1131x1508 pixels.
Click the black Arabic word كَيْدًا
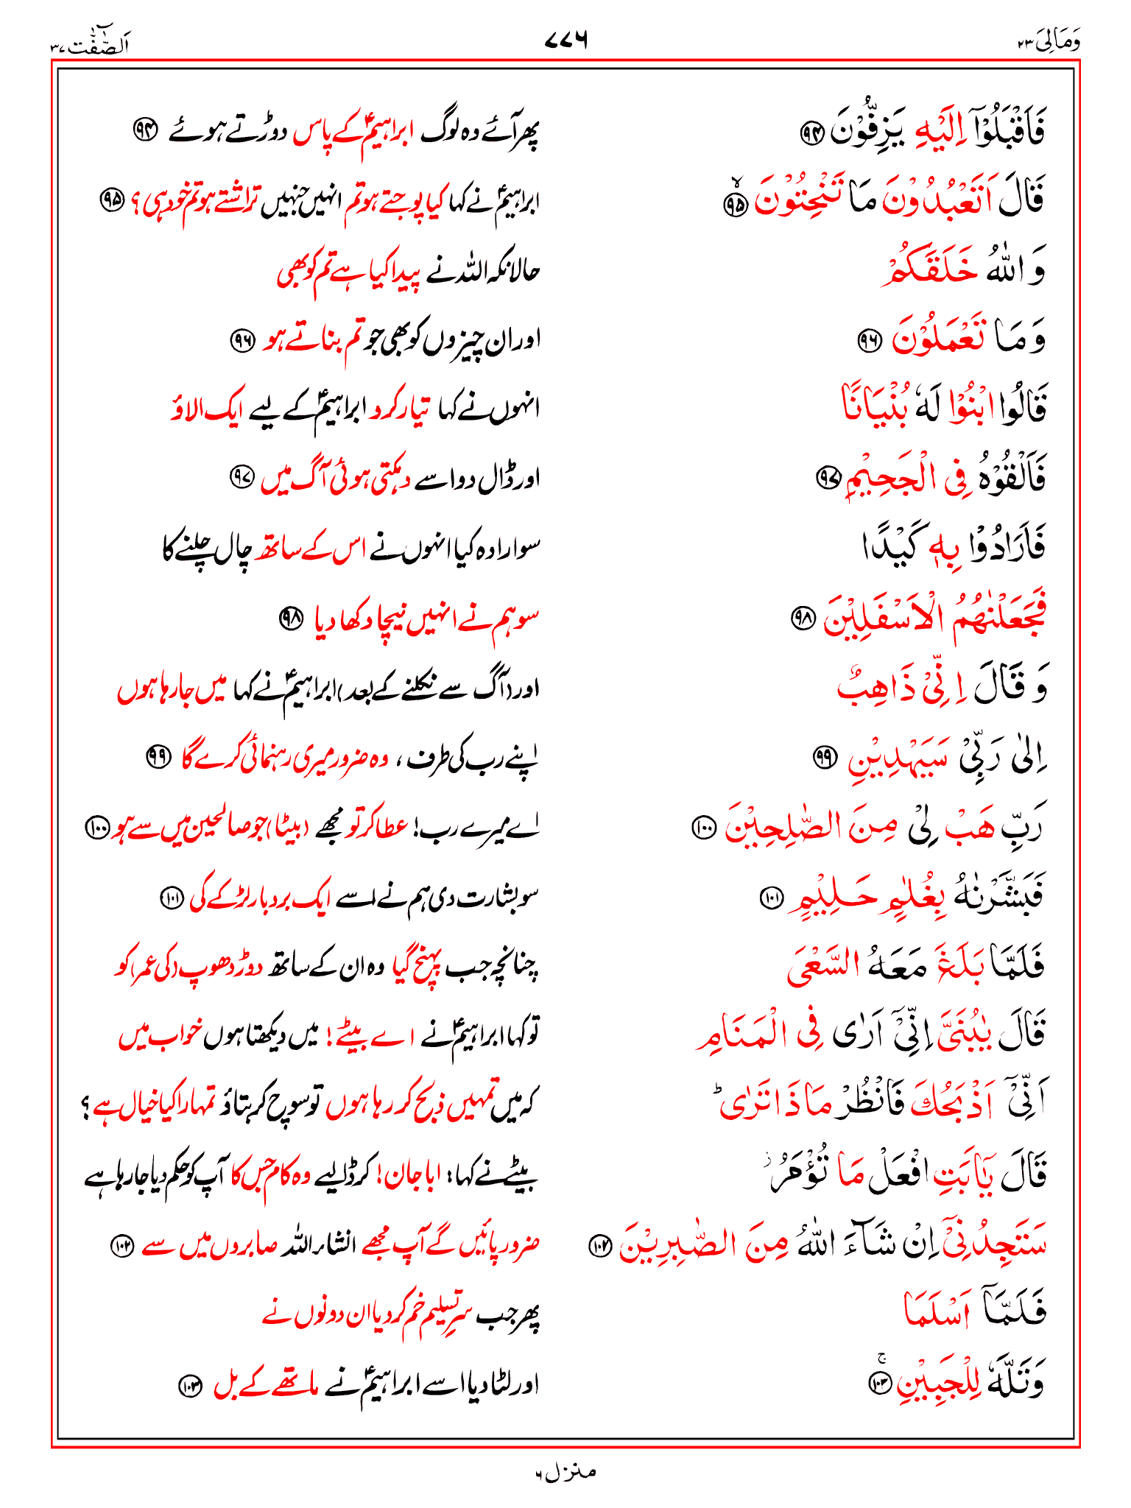coord(891,546)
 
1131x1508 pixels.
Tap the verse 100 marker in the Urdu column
coord(97,828)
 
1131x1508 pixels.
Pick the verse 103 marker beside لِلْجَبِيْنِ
coord(880,1382)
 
